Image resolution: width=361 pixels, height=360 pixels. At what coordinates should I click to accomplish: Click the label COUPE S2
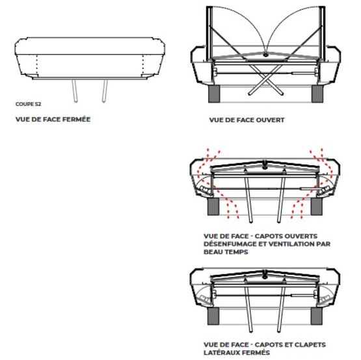[29, 104]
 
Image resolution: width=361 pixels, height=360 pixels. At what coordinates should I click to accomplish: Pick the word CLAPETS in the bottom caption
[310, 345]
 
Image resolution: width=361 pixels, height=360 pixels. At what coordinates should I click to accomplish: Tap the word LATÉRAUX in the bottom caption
[220, 353]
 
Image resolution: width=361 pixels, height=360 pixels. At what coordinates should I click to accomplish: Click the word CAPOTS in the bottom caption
[268, 345]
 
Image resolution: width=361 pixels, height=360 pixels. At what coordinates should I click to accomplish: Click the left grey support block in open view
[214, 94]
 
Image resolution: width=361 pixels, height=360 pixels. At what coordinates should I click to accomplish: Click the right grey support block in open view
[317, 94]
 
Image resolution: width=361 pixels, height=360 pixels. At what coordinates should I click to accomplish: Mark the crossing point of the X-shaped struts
[266, 79]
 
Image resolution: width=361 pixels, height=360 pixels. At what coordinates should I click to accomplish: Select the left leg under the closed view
[75, 91]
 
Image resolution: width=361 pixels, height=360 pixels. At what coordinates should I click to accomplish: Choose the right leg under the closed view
[105, 91]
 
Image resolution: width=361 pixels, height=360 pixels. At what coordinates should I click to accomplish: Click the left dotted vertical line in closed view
[37, 65]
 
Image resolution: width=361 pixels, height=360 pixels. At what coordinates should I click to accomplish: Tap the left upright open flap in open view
[209, 33]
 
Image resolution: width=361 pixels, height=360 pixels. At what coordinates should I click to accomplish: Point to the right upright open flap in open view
[322, 33]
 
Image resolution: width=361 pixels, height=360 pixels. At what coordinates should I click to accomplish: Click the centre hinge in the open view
[265, 55]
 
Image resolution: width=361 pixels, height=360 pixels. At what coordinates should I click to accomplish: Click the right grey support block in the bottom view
[316, 316]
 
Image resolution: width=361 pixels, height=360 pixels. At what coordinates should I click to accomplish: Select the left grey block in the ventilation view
[213, 207]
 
